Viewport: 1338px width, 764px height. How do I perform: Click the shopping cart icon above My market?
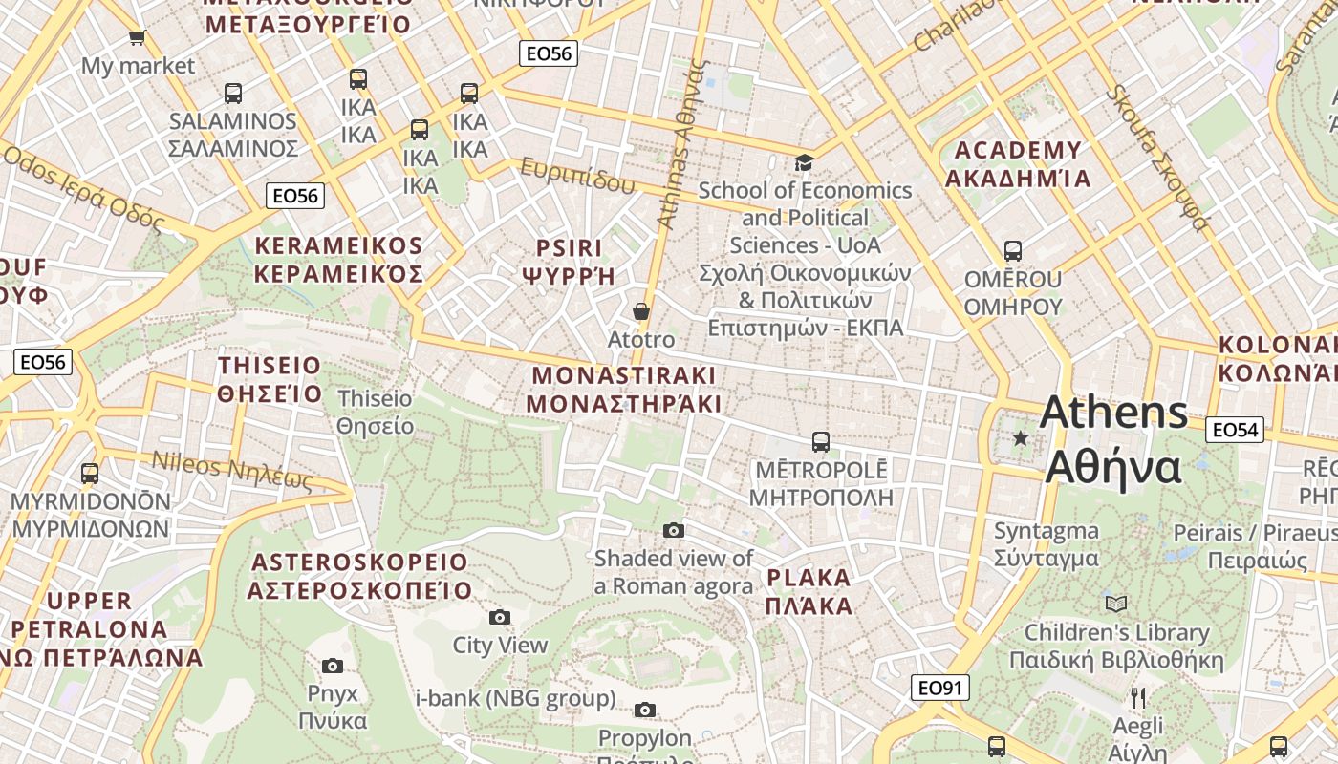[x=137, y=37]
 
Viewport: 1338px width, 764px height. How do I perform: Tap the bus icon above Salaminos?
[x=233, y=94]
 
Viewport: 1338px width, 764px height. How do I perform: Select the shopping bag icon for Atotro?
[x=641, y=311]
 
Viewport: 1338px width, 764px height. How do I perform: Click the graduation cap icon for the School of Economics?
[x=805, y=162]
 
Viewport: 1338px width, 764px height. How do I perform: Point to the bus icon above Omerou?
[x=1013, y=251]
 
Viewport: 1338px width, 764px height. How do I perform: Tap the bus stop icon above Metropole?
[x=821, y=442]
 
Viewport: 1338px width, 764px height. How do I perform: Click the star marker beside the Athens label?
[x=1021, y=438]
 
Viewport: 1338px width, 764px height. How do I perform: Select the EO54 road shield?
[x=1235, y=430]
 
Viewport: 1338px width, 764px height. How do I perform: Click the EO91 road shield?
[x=940, y=688]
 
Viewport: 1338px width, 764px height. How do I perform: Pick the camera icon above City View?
[x=500, y=618]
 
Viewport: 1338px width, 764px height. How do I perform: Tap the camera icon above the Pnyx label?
[x=333, y=666]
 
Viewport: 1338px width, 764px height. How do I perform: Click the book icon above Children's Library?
[x=1116, y=604]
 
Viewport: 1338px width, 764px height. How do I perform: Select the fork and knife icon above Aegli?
[x=1137, y=698]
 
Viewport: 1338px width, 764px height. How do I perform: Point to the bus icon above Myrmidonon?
[x=90, y=473]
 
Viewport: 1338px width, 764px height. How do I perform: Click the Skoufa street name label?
[x=1158, y=158]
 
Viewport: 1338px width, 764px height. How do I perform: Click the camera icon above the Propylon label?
[x=645, y=710]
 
